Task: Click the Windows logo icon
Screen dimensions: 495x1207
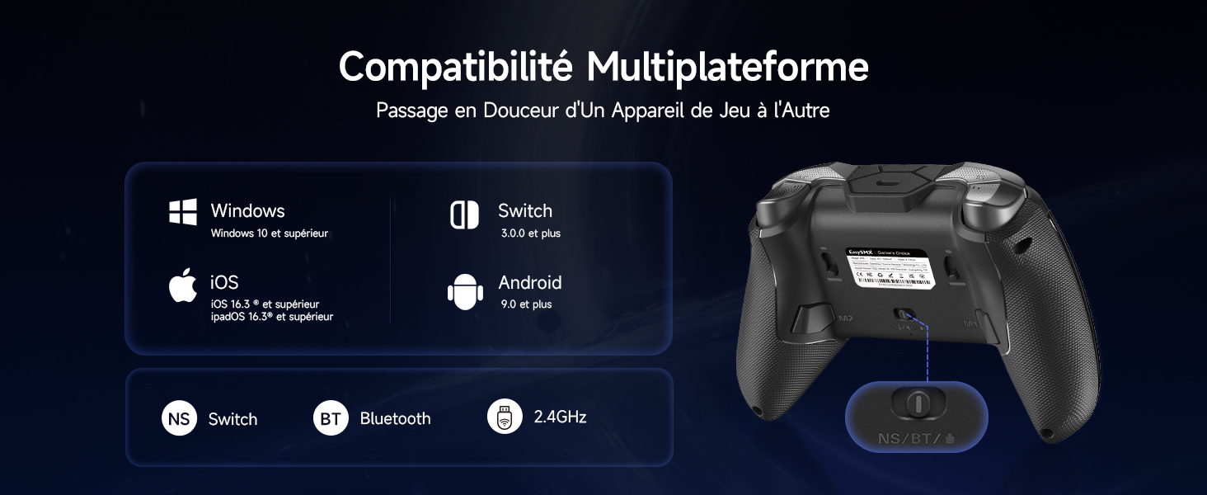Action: pyautogui.click(x=183, y=212)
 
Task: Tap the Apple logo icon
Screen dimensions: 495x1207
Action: pyautogui.click(x=183, y=285)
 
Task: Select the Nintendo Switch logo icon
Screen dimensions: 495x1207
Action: pyautogui.click(x=464, y=214)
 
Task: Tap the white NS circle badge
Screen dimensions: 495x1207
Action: pyautogui.click(x=179, y=418)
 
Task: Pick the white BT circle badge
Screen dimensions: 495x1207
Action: pyautogui.click(x=331, y=418)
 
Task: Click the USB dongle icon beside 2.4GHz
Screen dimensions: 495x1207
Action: pyautogui.click(x=505, y=417)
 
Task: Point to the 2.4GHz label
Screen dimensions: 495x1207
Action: pyautogui.click(x=560, y=417)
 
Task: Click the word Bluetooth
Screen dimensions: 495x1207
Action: pyautogui.click(x=395, y=419)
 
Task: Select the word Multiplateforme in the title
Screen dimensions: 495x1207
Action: pyautogui.click(x=727, y=66)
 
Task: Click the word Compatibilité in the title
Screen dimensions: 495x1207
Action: pyautogui.click(x=456, y=66)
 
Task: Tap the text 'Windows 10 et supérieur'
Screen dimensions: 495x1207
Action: pyautogui.click(x=269, y=233)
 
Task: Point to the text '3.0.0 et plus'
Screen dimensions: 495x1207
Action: pyautogui.click(x=530, y=233)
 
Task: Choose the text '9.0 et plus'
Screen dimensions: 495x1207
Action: pyautogui.click(x=526, y=304)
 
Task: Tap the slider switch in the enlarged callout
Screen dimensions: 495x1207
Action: pyautogui.click(x=917, y=403)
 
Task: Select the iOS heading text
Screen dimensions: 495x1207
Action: pyautogui.click(x=224, y=282)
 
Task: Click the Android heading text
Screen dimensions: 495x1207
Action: pyautogui.click(x=529, y=283)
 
